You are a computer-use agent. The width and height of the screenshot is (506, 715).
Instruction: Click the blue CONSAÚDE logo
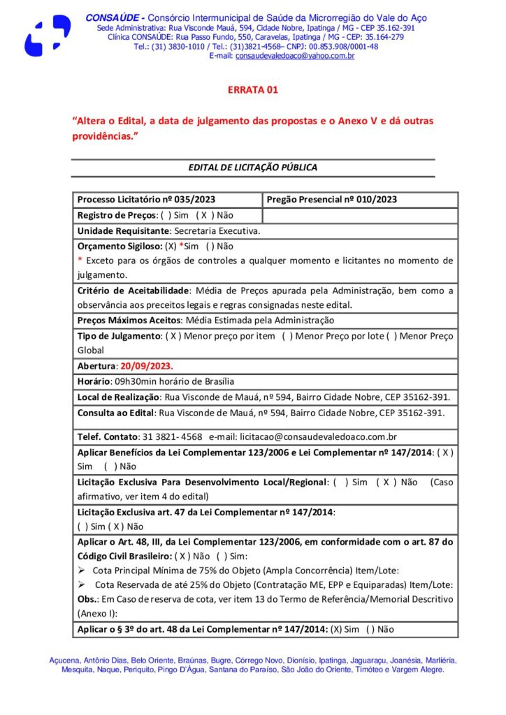pyautogui.click(x=47, y=36)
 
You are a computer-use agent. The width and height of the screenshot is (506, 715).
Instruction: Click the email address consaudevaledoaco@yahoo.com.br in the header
pyautogui.click(x=295, y=56)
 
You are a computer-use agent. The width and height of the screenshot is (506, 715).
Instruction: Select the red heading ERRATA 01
pyautogui.click(x=253, y=90)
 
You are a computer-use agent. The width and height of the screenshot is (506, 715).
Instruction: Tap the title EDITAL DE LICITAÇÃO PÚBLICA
pyautogui.click(x=253, y=168)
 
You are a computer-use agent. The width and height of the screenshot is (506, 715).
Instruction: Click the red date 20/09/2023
pyautogui.click(x=147, y=366)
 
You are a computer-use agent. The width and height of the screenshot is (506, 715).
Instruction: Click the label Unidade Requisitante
pyautogui.click(x=124, y=230)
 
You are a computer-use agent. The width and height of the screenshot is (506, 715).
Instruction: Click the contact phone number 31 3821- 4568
pyautogui.click(x=172, y=437)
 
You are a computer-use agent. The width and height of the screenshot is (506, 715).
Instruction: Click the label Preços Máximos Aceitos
pyautogui.click(x=128, y=320)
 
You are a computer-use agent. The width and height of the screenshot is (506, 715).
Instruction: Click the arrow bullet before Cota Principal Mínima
pyautogui.click(x=80, y=570)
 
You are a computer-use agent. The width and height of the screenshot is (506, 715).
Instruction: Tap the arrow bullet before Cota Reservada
pyautogui.click(x=80, y=584)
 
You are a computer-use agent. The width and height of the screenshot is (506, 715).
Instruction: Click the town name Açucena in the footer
pyautogui.click(x=66, y=660)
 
